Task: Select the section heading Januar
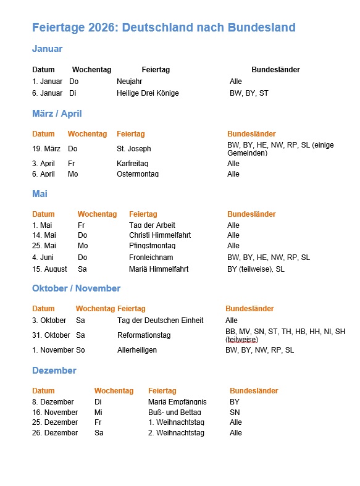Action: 47,49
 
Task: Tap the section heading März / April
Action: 57,114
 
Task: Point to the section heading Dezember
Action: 54,371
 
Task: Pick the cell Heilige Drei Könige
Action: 148,93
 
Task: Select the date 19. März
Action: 46,149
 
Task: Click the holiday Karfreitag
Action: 132,164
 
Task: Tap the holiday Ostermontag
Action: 138,174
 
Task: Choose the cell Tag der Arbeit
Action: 152,225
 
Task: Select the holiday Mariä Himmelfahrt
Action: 159,269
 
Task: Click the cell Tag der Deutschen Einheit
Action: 160,321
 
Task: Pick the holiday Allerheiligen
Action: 137,350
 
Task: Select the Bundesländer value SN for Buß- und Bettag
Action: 235,413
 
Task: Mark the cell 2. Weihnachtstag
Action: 176,433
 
